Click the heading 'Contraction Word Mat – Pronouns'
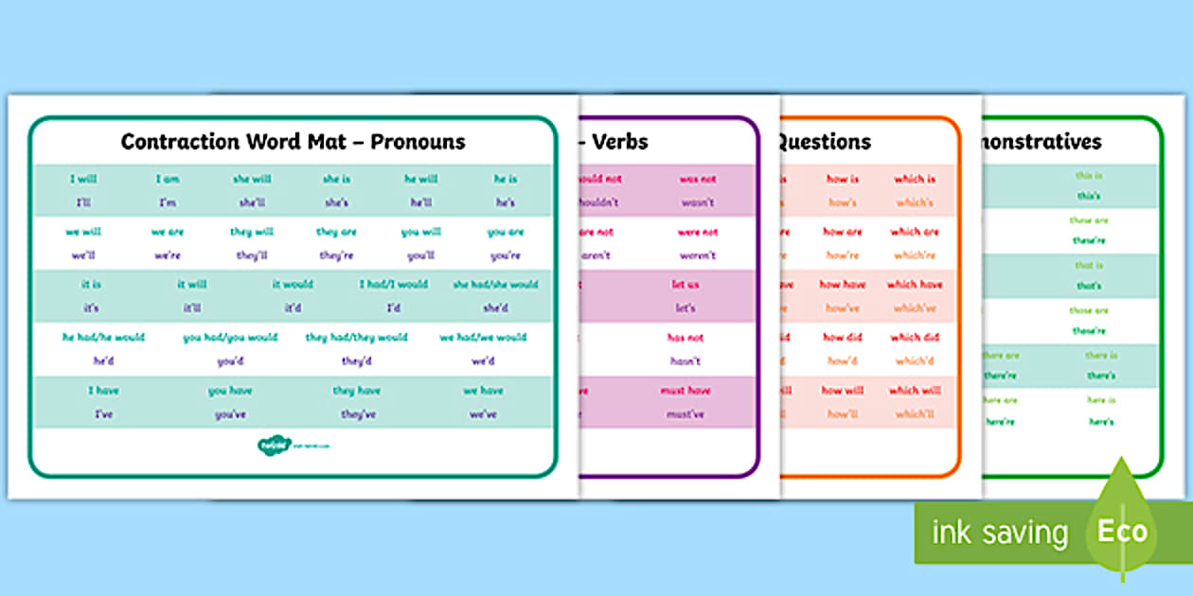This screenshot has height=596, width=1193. pyautogui.click(x=293, y=142)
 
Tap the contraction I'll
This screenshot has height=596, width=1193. pyautogui.click(x=83, y=202)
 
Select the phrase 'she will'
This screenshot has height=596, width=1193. pyautogui.click(x=252, y=179)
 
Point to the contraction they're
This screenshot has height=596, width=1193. pyautogui.click(x=336, y=255)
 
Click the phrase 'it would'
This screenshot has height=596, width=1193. pyautogui.click(x=293, y=284)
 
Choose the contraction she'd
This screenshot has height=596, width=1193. pyautogui.click(x=494, y=307)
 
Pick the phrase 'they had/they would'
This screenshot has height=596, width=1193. pyautogui.click(x=356, y=337)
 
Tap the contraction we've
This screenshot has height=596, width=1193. pyautogui.click(x=483, y=414)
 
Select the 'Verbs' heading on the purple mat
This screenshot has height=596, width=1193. pyautogui.click(x=620, y=142)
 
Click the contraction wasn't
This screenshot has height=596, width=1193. pyautogui.click(x=697, y=202)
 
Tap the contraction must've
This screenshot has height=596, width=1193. pyautogui.click(x=684, y=414)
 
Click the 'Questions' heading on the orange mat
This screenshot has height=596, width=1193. pyautogui.click(x=824, y=142)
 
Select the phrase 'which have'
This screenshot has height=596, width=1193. pyautogui.click(x=915, y=284)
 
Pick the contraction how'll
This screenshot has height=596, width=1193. pyautogui.click(x=842, y=414)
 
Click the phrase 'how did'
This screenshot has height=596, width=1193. pyautogui.click(x=842, y=337)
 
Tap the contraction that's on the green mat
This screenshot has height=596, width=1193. pyautogui.click(x=1088, y=286)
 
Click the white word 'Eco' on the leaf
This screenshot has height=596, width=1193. pyautogui.click(x=1122, y=532)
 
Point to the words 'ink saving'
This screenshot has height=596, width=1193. pyautogui.click(x=1000, y=533)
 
